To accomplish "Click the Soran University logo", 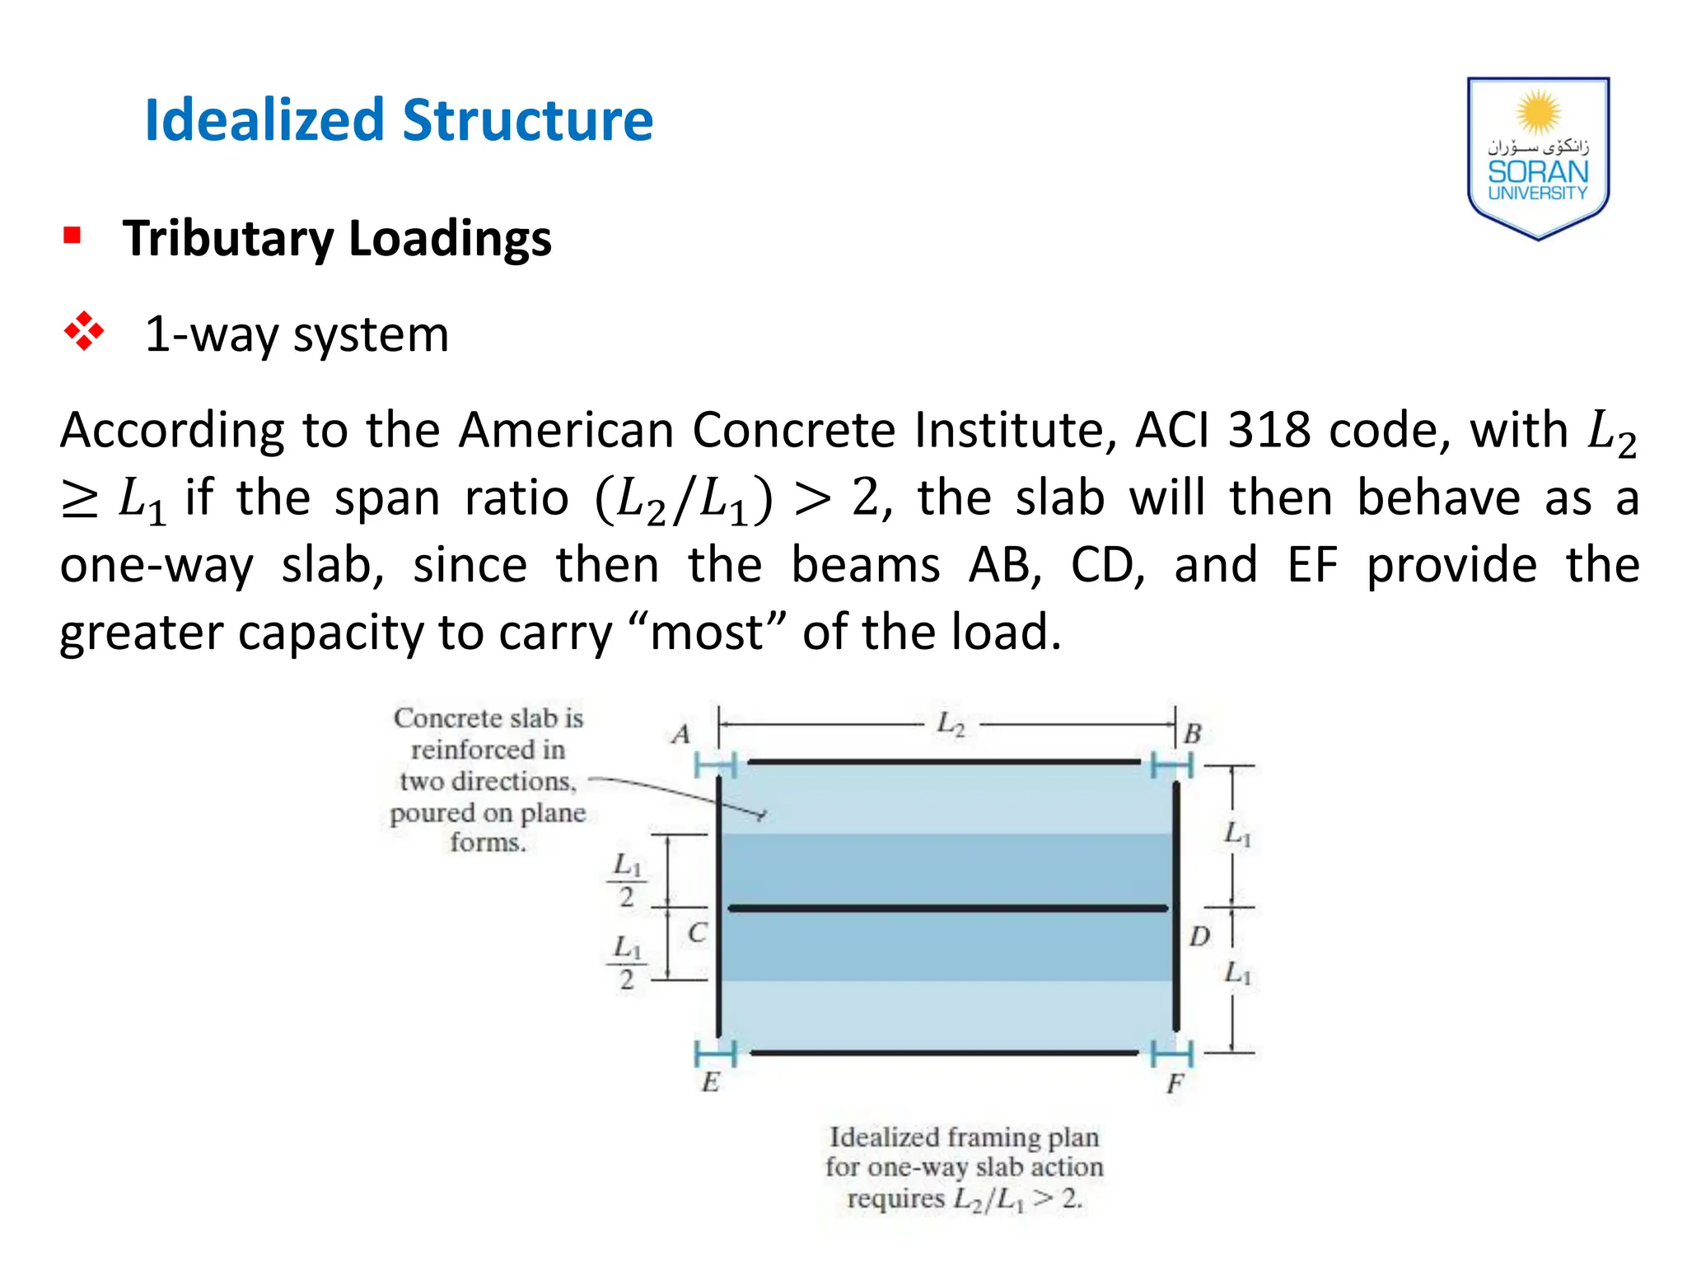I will (1537, 158).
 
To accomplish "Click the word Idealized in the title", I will (264, 120).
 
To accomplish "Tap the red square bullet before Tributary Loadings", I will (72, 236).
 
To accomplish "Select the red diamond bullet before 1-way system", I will (84, 332).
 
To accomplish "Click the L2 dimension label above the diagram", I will (951, 724).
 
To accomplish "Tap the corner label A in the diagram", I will (681, 734).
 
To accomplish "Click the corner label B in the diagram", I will (1192, 733).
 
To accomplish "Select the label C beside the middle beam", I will (697, 933).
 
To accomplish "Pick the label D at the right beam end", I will (1199, 936).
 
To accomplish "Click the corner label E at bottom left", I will (711, 1082).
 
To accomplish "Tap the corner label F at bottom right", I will (1175, 1084).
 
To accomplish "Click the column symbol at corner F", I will (1171, 1053).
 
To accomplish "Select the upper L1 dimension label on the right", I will (1237, 833).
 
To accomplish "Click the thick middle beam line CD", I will (947, 908).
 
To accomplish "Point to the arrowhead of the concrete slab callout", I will (761, 816).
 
